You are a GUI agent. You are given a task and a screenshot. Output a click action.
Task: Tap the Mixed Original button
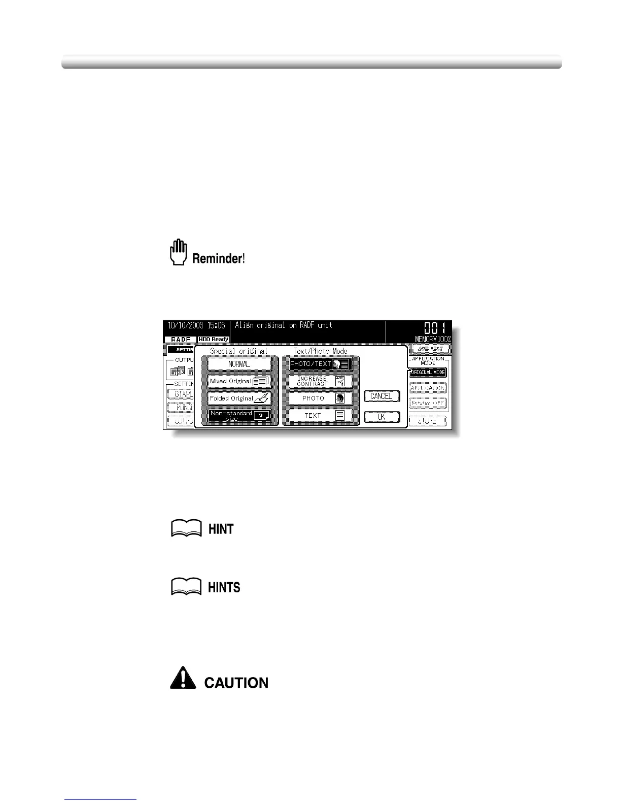239,381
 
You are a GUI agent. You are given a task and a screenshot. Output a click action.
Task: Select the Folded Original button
239,398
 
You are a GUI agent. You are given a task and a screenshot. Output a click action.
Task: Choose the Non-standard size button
239,416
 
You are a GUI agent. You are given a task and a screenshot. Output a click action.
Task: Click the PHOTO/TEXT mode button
320,364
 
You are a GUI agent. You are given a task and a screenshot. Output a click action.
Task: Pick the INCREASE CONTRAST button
320,381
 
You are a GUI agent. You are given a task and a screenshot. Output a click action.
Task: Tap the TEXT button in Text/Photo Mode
320,416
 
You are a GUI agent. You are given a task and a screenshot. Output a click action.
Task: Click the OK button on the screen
382,417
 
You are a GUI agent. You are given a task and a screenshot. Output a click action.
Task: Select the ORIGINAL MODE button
428,373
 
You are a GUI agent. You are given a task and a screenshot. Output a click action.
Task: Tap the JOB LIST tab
430,349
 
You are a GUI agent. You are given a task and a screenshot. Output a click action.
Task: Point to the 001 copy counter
435,327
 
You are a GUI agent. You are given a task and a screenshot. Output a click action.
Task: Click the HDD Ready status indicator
214,339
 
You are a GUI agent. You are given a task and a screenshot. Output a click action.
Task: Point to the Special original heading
238,351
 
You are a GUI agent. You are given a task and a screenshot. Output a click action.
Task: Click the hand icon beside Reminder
178,252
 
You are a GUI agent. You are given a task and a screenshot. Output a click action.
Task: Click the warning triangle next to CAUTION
183,678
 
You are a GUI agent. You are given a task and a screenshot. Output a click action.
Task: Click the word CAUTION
236,683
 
